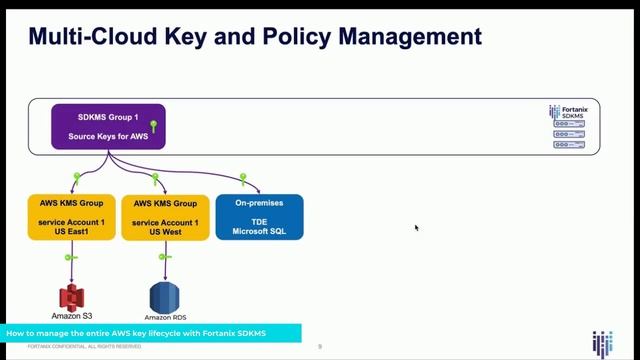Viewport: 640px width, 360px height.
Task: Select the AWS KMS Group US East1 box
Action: click(x=69, y=216)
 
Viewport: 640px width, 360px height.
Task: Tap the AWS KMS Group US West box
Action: click(x=165, y=216)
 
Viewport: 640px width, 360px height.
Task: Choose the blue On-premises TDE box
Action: click(x=259, y=216)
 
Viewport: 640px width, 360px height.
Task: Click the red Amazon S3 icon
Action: click(x=70, y=297)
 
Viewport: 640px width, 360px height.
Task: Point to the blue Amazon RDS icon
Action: click(x=163, y=297)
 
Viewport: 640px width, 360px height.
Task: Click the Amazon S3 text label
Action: click(x=68, y=317)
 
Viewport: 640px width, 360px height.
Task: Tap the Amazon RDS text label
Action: click(x=163, y=317)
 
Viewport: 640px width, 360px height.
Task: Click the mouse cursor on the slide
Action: click(x=416, y=227)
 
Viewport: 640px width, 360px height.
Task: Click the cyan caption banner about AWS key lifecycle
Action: click(x=150, y=332)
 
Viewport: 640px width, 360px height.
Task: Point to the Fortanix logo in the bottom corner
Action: click(x=602, y=340)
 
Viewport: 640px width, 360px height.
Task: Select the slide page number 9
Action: click(x=319, y=347)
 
